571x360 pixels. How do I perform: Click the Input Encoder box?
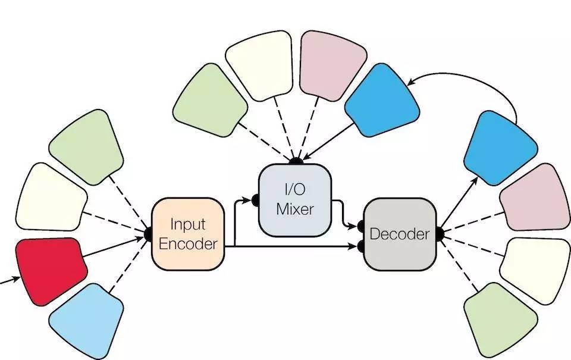[x=189, y=233]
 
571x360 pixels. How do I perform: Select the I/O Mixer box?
[x=294, y=200]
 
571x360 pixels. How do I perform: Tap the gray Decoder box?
[x=400, y=233]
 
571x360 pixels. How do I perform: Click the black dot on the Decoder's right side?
[x=441, y=233]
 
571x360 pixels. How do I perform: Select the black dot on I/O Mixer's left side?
[x=255, y=201]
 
